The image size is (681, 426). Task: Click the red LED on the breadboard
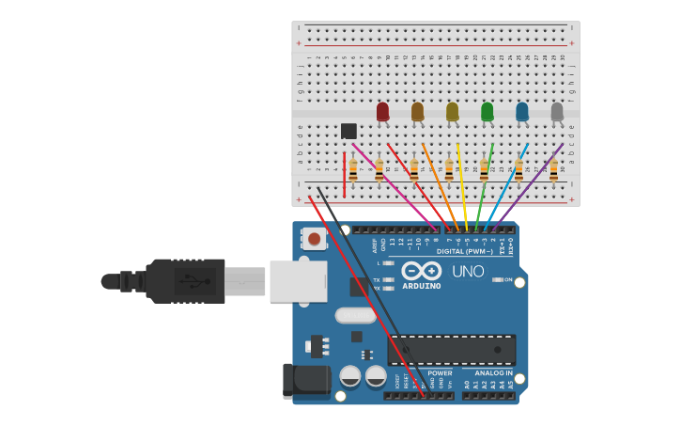(x=382, y=112)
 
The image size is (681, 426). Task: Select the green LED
(x=487, y=112)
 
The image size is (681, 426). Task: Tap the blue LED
(x=522, y=112)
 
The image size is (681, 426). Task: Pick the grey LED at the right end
(x=557, y=112)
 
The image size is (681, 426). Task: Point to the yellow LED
(x=452, y=112)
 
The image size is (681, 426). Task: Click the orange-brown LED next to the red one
(x=417, y=112)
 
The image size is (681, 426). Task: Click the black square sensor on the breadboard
(x=348, y=131)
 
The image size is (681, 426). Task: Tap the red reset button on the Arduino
(x=314, y=240)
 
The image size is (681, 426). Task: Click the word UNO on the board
(x=468, y=272)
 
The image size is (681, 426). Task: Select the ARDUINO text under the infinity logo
(x=422, y=286)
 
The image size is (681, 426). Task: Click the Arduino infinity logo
(x=422, y=271)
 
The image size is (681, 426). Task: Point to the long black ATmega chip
(x=451, y=350)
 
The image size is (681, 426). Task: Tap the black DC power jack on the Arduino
(x=306, y=381)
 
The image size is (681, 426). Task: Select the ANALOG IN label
(x=493, y=373)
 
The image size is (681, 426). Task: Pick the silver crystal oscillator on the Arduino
(x=355, y=315)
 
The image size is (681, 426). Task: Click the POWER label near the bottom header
(x=440, y=373)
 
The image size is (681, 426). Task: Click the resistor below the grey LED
(x=553, y=170)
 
